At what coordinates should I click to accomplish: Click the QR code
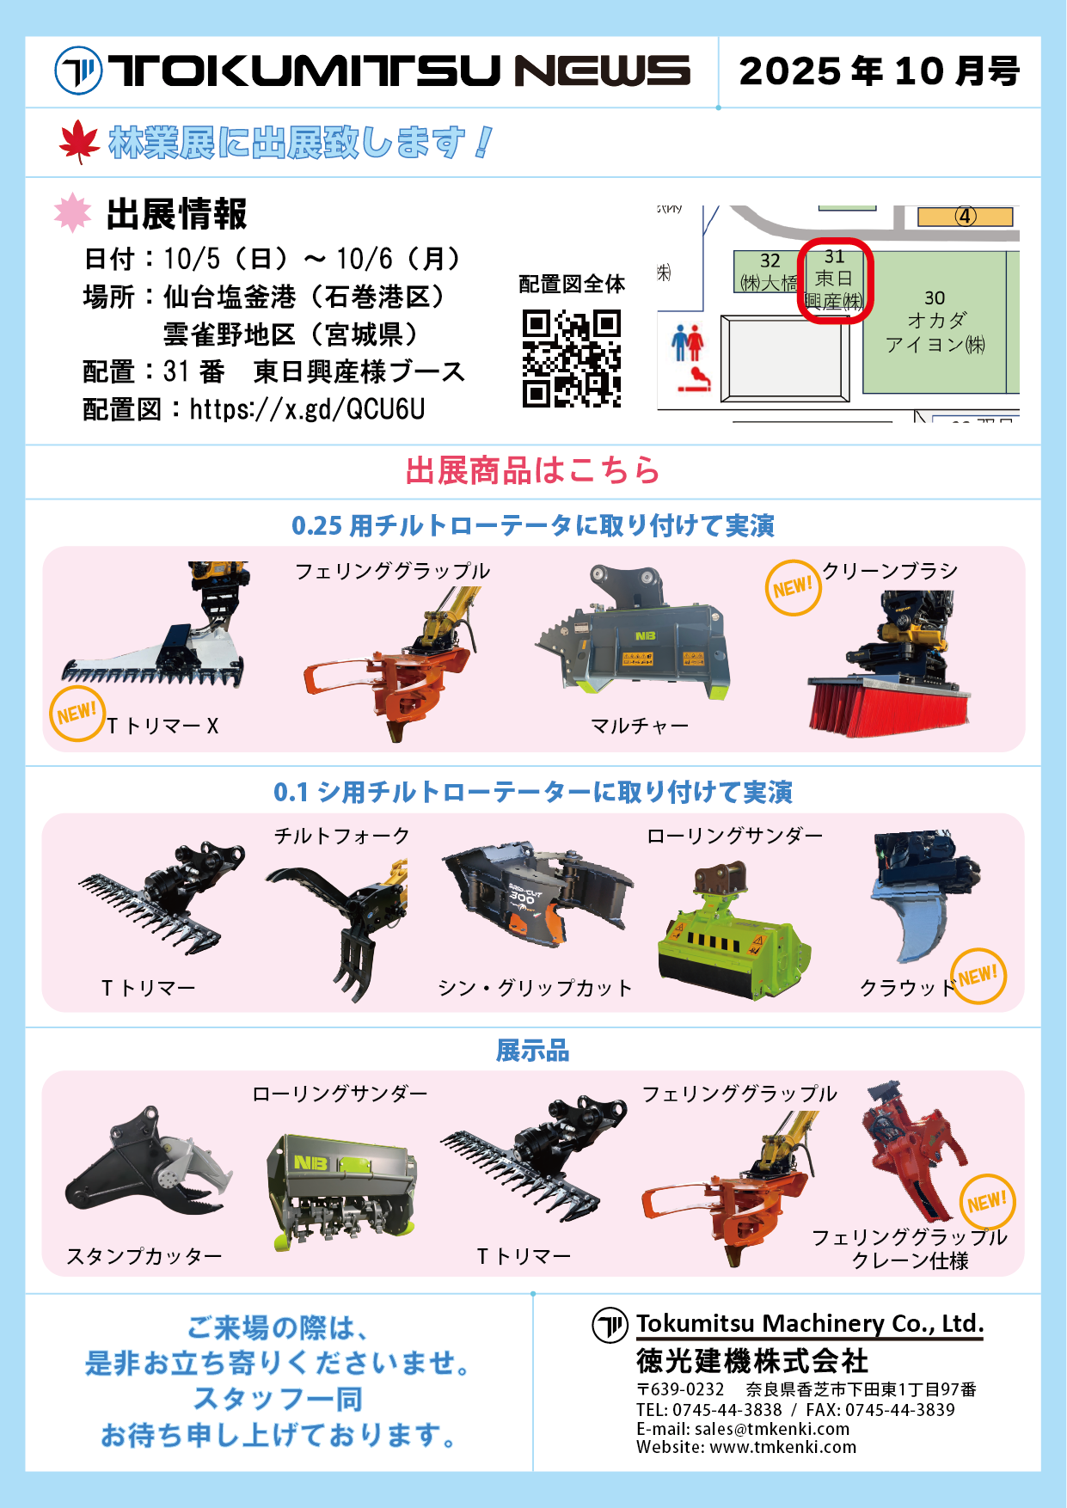click(x=572, y=359)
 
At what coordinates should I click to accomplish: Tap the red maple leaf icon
click(x=80, y=142)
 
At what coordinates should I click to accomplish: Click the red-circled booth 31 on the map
click(x=835, y=280)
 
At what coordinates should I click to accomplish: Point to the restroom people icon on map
click(x=688, y=342)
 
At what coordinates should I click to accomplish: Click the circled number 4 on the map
click(x=966, y=216)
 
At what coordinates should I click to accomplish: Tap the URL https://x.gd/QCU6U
click(x=308, y=409)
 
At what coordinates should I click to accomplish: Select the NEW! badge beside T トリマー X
click(x=77, y=714)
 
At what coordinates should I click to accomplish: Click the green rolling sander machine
click(x=733, y=931)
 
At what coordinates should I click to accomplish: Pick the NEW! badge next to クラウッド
click(x=978, y=976)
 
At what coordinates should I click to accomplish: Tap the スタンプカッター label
click(x=144, y=1256)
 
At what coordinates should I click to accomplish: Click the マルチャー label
click(x=640, y=726)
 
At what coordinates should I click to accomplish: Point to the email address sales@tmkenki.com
click(x=772, y=1429)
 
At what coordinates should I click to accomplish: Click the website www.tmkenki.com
click(x=783, y=1447)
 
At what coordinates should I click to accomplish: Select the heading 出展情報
click(x=177, y=214)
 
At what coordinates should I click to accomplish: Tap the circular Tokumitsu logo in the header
click(x=78, y=70)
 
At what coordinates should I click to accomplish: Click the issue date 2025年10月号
click(x=880, y=71)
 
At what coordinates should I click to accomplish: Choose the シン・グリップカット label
click(x=535, y=988)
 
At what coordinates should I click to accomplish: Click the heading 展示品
click(x=533, y=1051)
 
